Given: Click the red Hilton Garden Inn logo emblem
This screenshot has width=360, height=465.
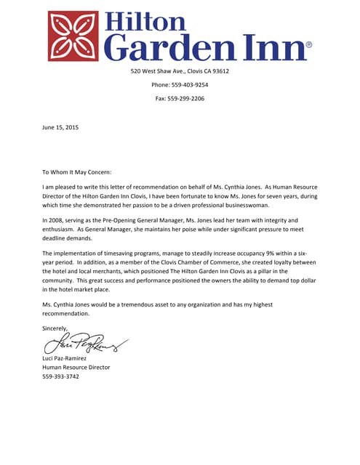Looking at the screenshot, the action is (73, 36).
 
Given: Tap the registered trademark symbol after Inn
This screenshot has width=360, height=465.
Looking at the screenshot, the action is (308, 45).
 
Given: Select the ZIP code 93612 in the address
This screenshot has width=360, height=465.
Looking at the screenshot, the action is (218, 71).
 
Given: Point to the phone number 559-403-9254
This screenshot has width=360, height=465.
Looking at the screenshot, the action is (190, 84).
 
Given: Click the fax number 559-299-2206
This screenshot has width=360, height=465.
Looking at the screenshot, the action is (187, 98).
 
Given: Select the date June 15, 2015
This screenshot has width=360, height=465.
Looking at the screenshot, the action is (60, 127).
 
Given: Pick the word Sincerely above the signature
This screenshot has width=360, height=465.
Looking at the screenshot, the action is (55, 328).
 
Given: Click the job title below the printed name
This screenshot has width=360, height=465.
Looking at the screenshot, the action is (76, 368).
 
